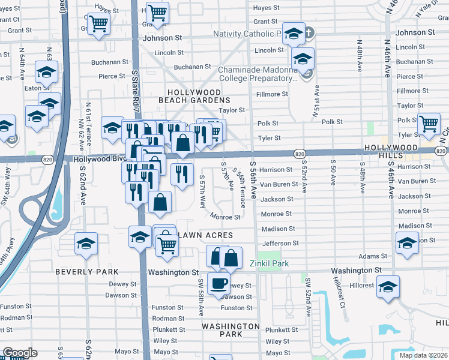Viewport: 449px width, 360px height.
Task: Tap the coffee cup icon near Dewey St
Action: pyautogui.click(x=218, y=283)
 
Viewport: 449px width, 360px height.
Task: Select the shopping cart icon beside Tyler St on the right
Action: pyautogui.click(x=429, y=124)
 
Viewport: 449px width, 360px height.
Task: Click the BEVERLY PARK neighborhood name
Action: pyautogui.click(x=86, y=272)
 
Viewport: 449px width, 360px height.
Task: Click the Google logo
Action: pyautogui.click(x=20, y=353)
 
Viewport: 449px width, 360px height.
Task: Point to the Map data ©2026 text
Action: pyautogui.click(x=423, y=355)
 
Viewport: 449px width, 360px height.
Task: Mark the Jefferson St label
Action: pyautogui.click(x=280, y=243)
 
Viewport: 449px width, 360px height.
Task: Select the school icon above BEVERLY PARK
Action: pyautogui.click(x=86, y=244)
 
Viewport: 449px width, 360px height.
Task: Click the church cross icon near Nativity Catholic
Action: pyautogui.click(x=309, y=34)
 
